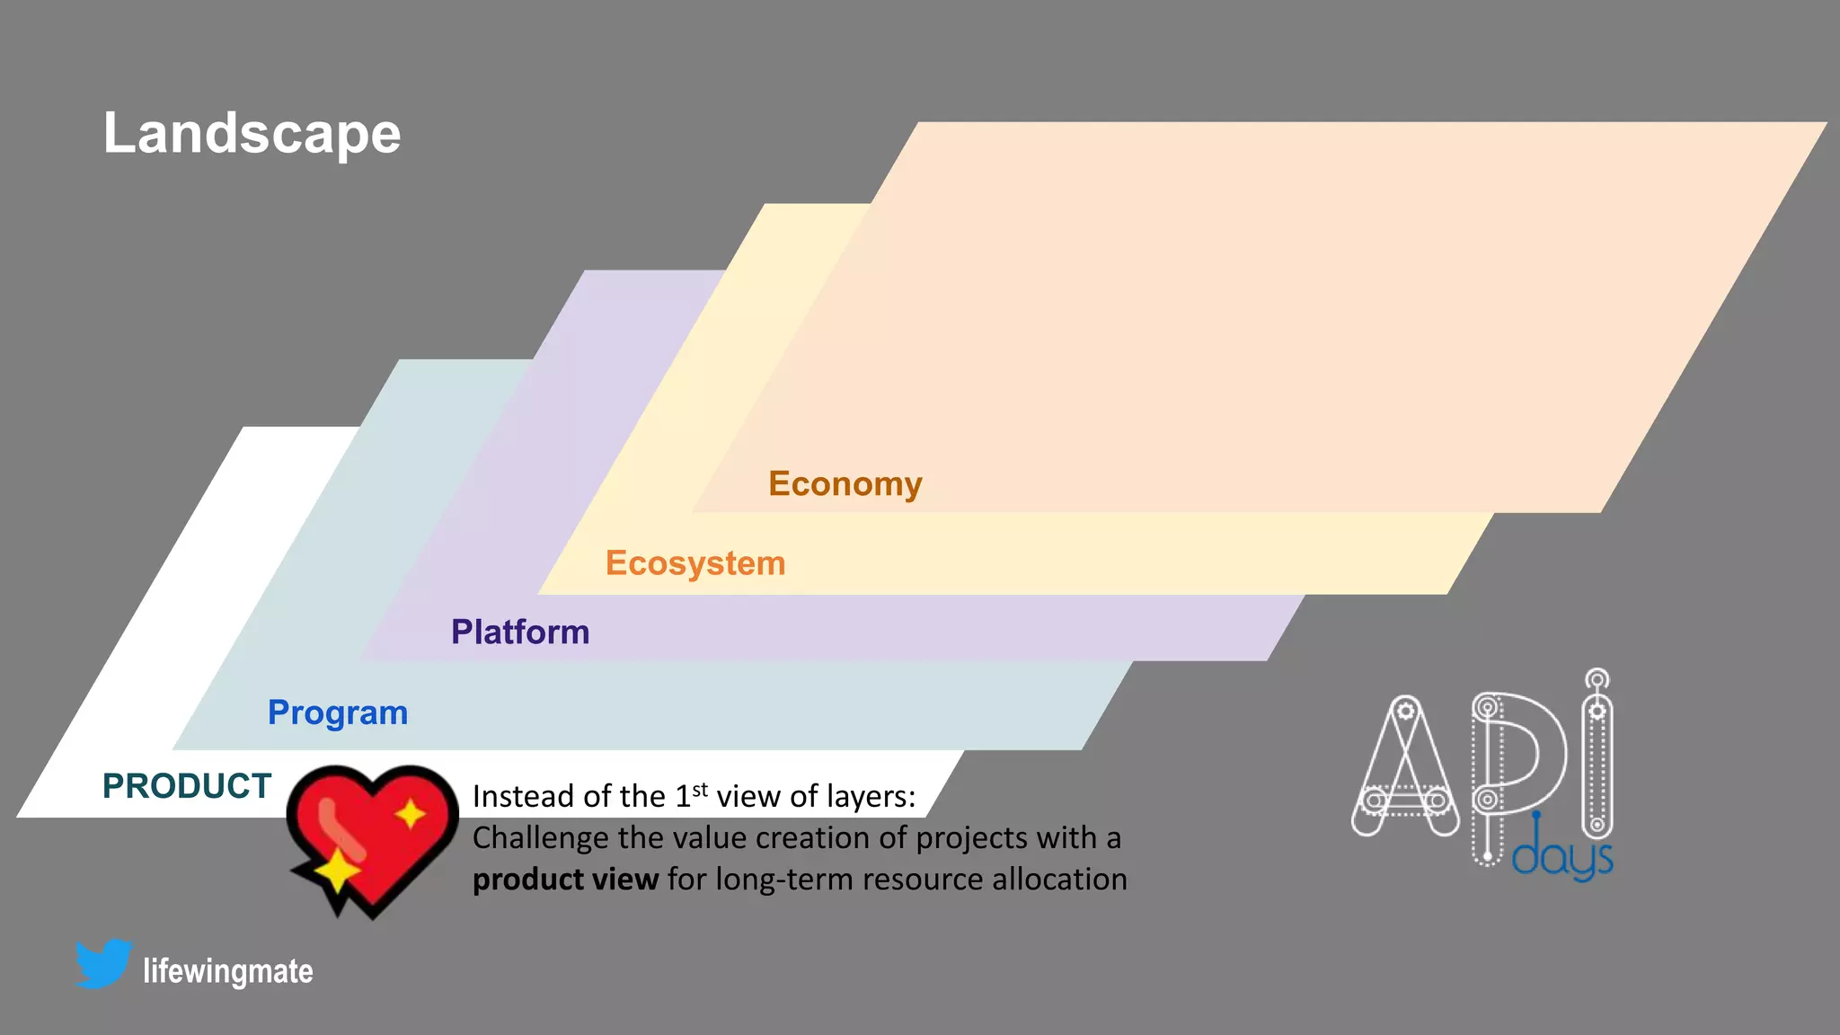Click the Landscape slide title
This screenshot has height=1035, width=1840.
pyautogui.click(x=252, y=133)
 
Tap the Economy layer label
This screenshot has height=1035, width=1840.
pyautogui.click(x=845, y=483)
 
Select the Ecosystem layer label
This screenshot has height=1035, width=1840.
pyautogui.click(x=695, y=563)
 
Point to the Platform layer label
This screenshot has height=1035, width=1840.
pyautogui.click(x=520, y=632)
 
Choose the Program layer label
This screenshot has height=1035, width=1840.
pyautogui.click(x=338, y=712)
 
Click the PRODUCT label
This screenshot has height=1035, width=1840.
pyautogui.click(x=187, y=786)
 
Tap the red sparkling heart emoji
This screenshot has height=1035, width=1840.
pyautogui.click(x=373, y=836)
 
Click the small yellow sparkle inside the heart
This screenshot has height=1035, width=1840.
pyautogui.click(x=411, y=814)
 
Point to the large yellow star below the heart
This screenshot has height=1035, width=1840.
pyautogui.click(x=337, y=870)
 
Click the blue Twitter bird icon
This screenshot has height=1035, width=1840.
pyautogui.click(x=104, y=963)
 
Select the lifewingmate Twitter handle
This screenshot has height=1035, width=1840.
pyautogui.click(x=228, y=971)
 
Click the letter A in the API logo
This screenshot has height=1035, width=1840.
pyautogui.click(x=1405, y=768)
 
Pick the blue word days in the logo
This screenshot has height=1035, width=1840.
pyautogui.click(x=1562, y=856)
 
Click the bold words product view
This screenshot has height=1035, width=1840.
pyautogui.click(x=565, y=879)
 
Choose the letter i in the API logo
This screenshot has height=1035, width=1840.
pyautogui.click(x=1597, y=755)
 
